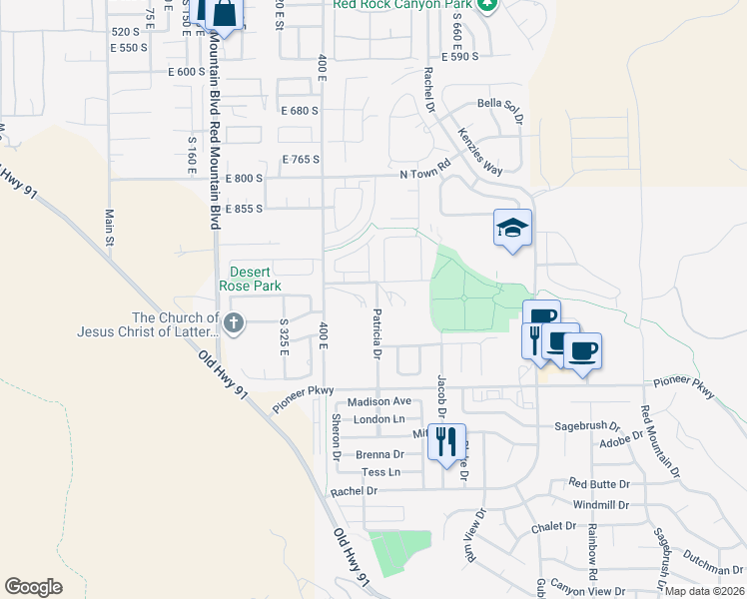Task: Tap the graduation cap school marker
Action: (512, 229)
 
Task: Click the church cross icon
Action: (234, 322)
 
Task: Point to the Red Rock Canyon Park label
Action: (402, 5)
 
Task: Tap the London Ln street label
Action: (377, 419)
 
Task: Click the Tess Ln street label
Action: (380, 471)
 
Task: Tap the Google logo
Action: (33, 587)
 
